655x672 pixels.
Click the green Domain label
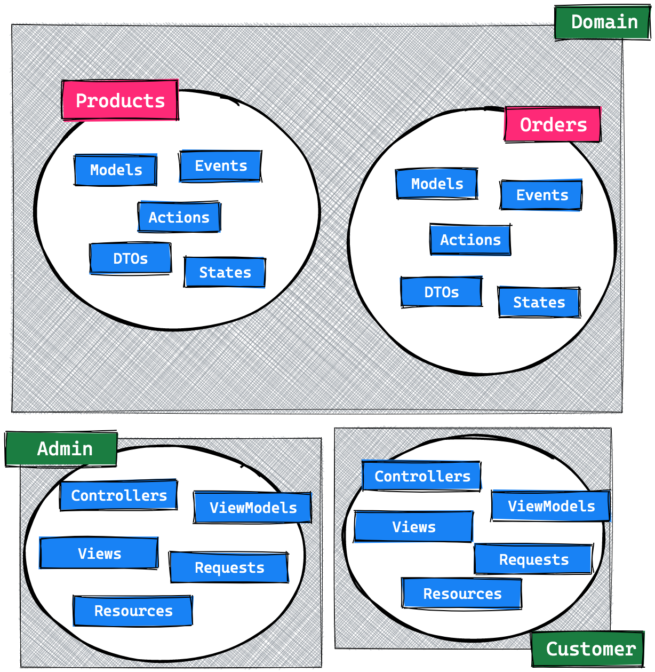pyautogui.click(x=603, y=22)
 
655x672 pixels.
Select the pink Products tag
pyautogui.click(x=120, y=100)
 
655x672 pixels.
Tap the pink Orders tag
pyautogui.click(x=553, y=124)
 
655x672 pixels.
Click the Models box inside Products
pyautogui.click(x=116, y=170)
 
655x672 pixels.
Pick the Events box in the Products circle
pyautogui.click(x=221, y=166)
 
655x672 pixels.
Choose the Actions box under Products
pyautogui.click(x=179, y=217)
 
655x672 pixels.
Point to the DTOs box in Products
pyautogui.click(x=131, y=259)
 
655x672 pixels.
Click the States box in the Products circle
pyautogui.click(x=225, y=272)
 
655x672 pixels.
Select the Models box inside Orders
pyautogui.click(x=437, y=184)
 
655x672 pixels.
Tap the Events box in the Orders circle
pyautogui.click(x=541, y=195)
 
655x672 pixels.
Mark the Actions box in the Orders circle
pyautogui.click(x=470, y=240)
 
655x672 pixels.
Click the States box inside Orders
pyautogui.click(x=539, y=302)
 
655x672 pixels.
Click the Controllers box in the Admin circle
pyautogui.click(x=119, y=495)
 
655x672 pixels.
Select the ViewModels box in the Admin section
pyautogui.click(x=253, y=507)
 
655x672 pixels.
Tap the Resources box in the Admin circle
pyautogui.click(x=133, y=611)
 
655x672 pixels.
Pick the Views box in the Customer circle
pyautogui.click(x=414, y=527)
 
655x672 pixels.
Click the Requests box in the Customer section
pyautogui.click(x=533, y=559)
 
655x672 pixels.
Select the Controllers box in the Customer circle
pyautogui.click(x=422, y=476)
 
